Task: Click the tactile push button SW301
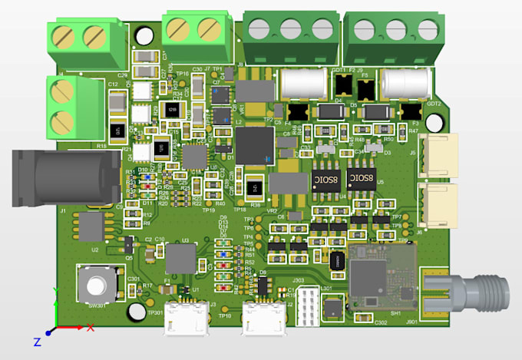(x=96, y=284)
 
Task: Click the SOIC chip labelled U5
(x=364, y=180)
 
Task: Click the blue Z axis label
(x=36, y=341)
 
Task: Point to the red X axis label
(x=90, y=328)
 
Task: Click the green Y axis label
(x=54, y=291)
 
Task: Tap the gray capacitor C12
(x=117, y=101)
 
